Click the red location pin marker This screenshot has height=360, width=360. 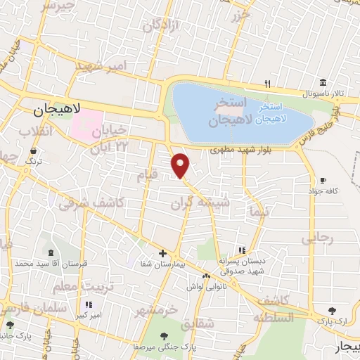click(x=181, y=165)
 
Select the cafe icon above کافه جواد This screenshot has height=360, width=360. click(x=323, y=181)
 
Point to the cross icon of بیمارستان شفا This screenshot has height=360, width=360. click(x=162, y=253)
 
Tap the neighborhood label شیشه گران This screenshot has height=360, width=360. click(x=200, y=202)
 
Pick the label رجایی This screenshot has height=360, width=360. click(x=317, y=239)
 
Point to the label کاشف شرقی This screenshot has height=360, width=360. click(x=91, y=203)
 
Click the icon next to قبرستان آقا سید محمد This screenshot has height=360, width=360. click(x=50, y=252)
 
